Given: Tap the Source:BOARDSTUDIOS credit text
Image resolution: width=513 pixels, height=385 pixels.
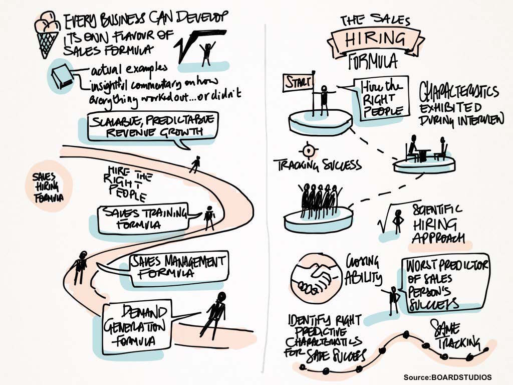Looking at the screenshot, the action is coord(447,377).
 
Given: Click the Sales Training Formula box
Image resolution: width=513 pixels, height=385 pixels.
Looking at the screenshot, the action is coord(142,218).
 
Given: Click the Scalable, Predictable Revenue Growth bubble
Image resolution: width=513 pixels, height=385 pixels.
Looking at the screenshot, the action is coord(153,125).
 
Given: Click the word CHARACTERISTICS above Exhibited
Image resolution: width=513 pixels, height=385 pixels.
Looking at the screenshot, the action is coord(458,93).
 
